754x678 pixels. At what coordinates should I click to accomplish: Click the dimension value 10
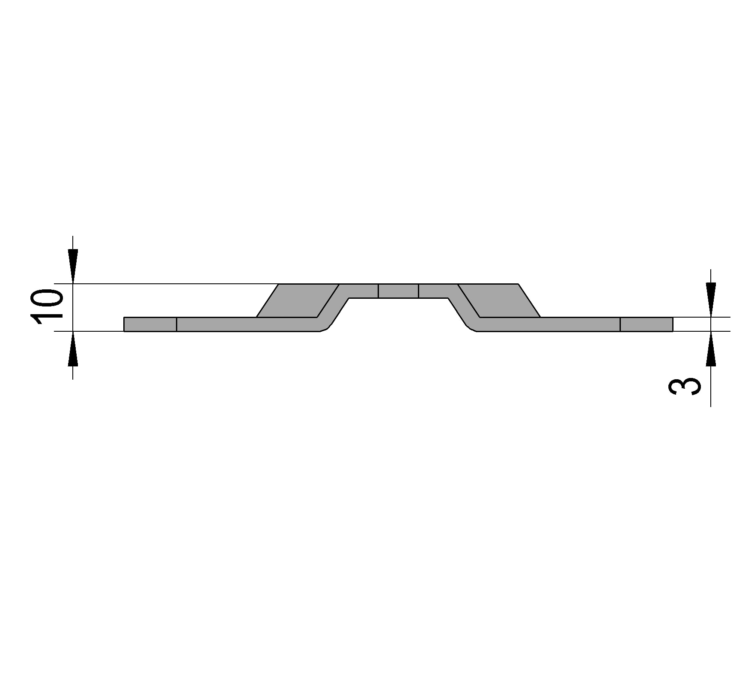[x=46, y=307]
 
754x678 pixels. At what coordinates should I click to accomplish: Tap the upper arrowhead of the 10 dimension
[x=73, y=266]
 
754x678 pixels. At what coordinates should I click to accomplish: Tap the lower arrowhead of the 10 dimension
[x=73, y=349]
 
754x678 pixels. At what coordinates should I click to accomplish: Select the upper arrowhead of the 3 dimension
[x=711, y=300]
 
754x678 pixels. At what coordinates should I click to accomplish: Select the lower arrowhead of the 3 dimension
[x=711, y=349]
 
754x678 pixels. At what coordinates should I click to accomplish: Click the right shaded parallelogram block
[x=499, y=300]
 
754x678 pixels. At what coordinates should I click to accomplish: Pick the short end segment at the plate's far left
[x=150, y=324]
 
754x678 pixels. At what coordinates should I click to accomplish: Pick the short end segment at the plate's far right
[x=647, y=324]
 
